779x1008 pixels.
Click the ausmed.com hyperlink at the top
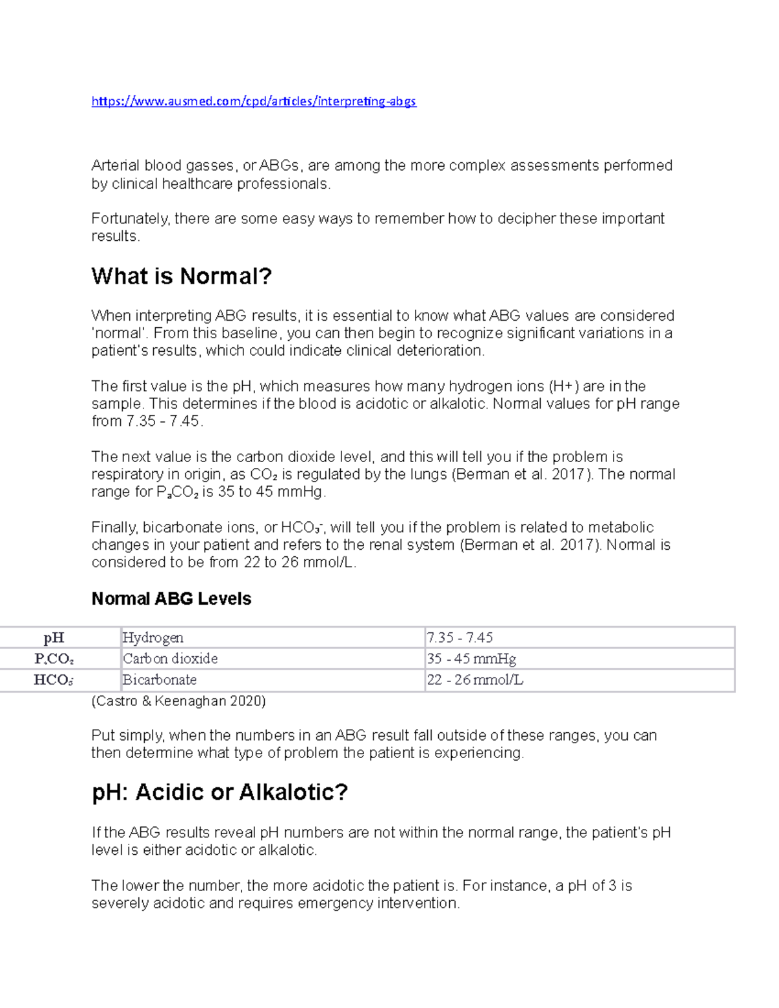[253, 101]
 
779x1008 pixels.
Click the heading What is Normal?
[182, 277]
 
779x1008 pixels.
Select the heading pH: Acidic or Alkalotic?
[219, 792]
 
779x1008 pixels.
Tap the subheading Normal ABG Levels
[171, 598]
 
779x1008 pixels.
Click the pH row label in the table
[54, 638]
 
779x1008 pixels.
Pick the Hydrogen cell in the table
[153, 638]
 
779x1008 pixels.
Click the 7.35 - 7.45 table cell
[460, 638]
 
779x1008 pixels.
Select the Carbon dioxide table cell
[170, 659]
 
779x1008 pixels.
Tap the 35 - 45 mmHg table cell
[471, 659]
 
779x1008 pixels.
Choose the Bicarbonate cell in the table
[160, 680]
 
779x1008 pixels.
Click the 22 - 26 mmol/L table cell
[475, 680]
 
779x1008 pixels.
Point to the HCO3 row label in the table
[54, 680]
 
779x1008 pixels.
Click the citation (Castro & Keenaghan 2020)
[179, 701]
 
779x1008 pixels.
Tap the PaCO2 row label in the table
[54, 659]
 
